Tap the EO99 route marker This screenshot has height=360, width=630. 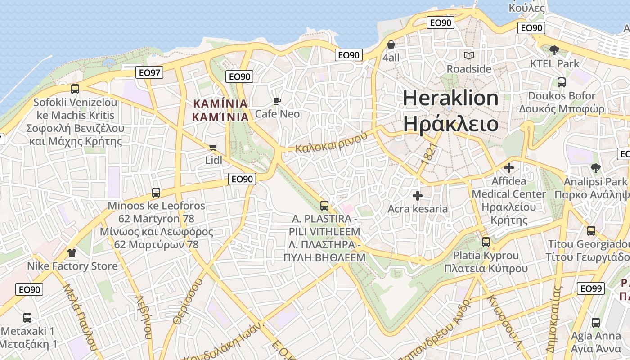pos(590,288)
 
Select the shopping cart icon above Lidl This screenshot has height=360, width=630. pos(213,148)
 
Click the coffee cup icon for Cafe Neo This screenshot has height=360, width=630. pos(277,101)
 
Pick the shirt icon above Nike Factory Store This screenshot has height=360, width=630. pos(72,253)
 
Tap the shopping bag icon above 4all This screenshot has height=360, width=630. pos(391,45)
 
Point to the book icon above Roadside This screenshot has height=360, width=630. pos(469,56)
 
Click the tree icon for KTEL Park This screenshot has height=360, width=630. pos(554,50)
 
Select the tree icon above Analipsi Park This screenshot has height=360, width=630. pos(595,169)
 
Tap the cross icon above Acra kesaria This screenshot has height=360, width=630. pos(418,196)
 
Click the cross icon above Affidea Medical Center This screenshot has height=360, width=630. pos(509,168)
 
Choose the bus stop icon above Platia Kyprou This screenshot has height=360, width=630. pos(486,242)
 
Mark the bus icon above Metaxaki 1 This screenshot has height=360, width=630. pos(27,318)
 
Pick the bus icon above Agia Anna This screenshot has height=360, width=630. pos(596,322)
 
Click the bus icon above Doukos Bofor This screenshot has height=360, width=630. pos(562,82)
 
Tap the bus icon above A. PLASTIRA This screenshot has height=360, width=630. pos(324,206)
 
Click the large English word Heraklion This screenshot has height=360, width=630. pos(450,98)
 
